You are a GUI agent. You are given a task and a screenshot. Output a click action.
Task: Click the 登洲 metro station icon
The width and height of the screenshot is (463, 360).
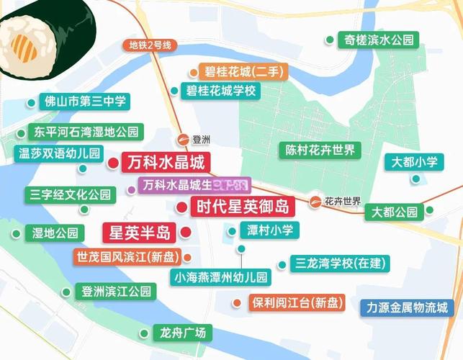coord(183,140)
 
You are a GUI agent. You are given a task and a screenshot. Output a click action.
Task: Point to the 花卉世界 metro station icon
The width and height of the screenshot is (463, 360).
coord(315,201)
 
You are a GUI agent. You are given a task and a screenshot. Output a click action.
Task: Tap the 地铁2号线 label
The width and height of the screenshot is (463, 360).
coord(150,45)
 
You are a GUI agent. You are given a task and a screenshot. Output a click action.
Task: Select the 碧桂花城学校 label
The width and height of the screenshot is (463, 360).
coord(221,91)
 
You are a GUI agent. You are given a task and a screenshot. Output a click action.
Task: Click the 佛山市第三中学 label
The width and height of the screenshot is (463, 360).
coord(85,101)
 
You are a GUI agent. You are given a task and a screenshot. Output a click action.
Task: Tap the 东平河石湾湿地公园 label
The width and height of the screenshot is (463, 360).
coord(85,132)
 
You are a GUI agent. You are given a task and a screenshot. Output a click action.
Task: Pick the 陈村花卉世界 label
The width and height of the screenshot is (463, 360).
coord(318,150)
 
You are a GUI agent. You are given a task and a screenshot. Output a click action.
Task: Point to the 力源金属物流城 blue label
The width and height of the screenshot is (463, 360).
coord(407,307)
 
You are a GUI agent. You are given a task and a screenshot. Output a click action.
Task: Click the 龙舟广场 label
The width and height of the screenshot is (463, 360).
coord(183,333)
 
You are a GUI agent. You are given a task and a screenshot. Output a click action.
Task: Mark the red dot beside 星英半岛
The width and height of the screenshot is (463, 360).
coord(185,233)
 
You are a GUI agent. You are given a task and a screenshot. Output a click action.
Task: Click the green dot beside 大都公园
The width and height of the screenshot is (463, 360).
coord(430,211)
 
